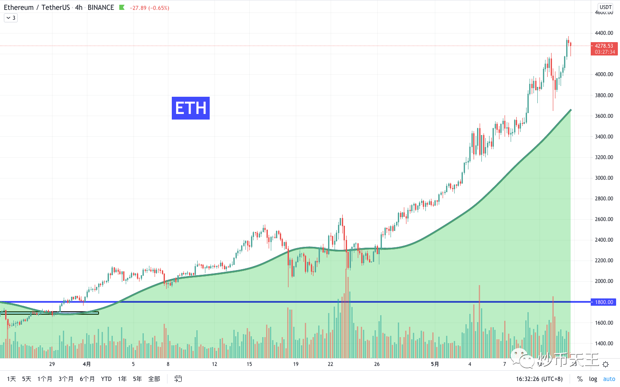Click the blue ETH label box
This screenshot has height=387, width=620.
tap(191, 108)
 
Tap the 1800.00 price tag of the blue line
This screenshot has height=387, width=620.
tap(604, 302)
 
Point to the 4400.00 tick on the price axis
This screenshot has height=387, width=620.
tap(604, 33)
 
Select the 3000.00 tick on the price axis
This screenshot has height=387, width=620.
tap(604, 178)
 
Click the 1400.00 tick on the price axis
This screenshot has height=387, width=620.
tap(604, 344)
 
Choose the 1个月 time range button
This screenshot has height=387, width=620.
tap(45, 379)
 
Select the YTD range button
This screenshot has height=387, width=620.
tap(106, 379)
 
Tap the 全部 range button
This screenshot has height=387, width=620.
tap(154, 379)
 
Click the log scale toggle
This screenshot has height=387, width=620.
tap(593, 379)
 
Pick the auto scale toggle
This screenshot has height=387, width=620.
tap(609, 379)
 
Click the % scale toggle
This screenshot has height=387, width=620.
tap(580, 379)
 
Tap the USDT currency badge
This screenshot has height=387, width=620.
tap(605, 7)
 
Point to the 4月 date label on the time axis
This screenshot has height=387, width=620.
tap(87, 364)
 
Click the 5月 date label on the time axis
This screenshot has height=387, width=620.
tap(435, 364)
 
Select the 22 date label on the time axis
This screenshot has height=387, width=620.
tap(330, 364)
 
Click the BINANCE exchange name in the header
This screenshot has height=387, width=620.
tap(101, 8)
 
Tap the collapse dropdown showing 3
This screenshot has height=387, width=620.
tap(11, 18)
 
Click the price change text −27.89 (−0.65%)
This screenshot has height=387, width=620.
tap(149, 8)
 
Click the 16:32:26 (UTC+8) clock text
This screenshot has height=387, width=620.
tap(539, 379)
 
